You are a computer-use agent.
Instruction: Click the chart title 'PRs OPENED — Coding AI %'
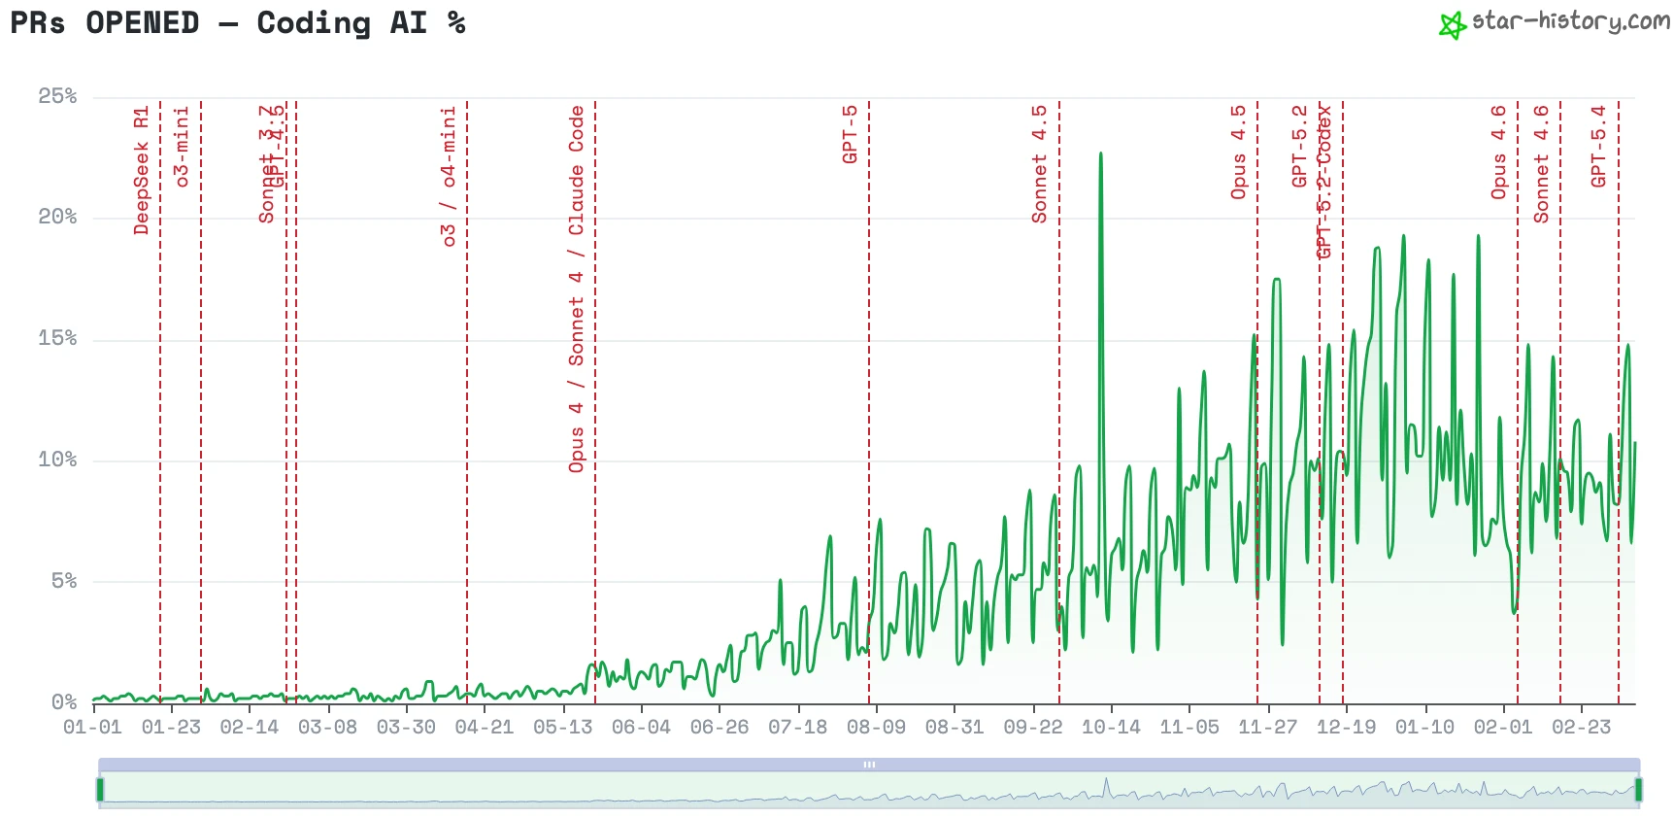[x=238, y=23]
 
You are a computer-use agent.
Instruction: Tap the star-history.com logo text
[x=1569, y=21]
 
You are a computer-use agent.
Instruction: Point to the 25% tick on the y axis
[x=57, y=96]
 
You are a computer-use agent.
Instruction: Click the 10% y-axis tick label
[x=57, y=460]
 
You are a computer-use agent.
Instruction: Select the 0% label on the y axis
[x=64, y=701]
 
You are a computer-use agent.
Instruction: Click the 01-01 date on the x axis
[x=92, y=727]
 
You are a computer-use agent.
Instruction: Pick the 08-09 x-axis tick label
[x=876, y=727]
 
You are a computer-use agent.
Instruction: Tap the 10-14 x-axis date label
[x=1111, y=727]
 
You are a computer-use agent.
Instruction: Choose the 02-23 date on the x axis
[x=1581, y=727]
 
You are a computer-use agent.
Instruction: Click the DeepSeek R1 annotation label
[x=142, y=171]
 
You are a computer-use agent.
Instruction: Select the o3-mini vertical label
[x=182, y=147]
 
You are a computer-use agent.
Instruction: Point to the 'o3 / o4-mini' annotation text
[x=448, y=177]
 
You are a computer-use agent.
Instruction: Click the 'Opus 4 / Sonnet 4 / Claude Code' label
[x=577, y=290]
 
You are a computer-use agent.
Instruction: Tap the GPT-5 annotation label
[x=850, y=135]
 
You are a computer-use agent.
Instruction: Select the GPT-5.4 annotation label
[x=1598, y=147]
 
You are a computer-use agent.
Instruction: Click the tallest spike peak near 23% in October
[x=1100, y=153]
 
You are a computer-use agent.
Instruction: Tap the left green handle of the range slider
[x=100, y=789]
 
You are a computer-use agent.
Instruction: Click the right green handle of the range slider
[x=1638, y=789]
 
